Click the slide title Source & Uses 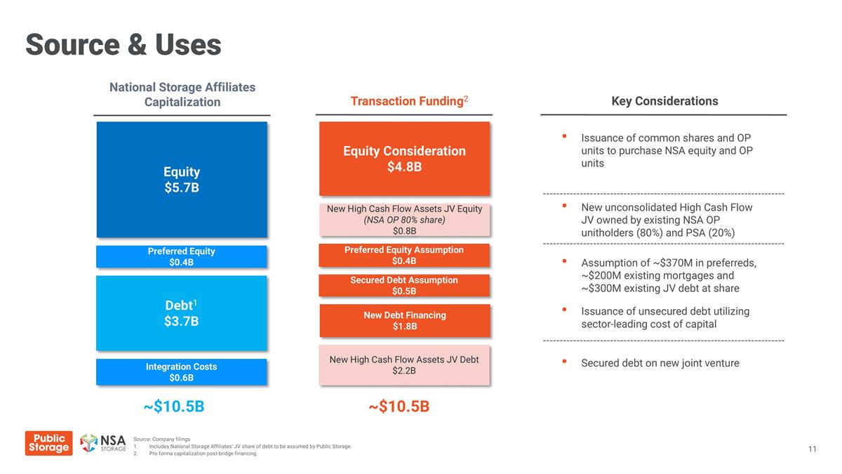coord(123,45)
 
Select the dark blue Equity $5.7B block coord(182,180)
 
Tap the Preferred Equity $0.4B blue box coord(182,256)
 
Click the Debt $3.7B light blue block coord(182,313)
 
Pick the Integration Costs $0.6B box coord(182,372)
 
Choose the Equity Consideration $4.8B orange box coord(404,159)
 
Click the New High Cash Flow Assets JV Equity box coord(404,220)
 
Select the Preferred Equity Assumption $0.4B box coord(404,256)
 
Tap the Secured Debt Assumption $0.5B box coord(404,285)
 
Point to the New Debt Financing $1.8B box coord(404,320)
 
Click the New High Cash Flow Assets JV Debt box coord(404,365)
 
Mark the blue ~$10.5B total coord(174,407)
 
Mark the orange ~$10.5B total coord(399,407)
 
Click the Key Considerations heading coord(664,101)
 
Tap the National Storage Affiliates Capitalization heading coord(182,95)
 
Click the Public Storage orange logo coord(48,443)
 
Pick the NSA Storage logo coord(103,444)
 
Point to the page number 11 coord(812,449)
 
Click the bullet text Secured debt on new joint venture coord(660,363)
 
